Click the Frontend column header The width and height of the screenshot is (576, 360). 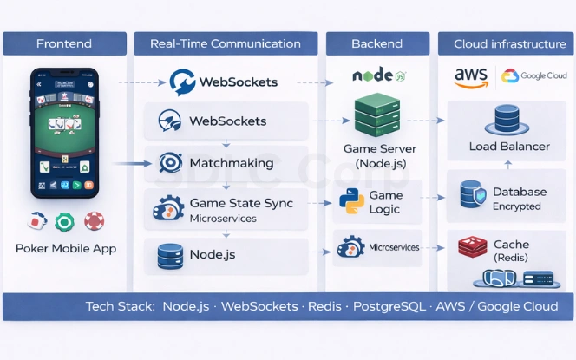64,43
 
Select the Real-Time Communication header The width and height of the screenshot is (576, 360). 226,43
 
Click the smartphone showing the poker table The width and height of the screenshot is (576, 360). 65,133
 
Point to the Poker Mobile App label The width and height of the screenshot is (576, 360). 65,248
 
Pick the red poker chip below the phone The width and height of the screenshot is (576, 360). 95,222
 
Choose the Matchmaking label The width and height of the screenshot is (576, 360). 231,163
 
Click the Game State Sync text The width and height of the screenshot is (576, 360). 241,203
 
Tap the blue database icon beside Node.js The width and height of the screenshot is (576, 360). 169,256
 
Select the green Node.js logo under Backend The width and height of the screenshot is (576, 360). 377,76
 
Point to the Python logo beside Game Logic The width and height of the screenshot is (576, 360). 351,201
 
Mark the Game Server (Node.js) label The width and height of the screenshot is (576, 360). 378,156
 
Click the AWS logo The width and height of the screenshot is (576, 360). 471,77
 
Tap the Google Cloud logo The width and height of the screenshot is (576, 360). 534,76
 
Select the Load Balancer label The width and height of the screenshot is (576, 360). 509,147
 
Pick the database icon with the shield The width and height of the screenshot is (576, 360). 473,195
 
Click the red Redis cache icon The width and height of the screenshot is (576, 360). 472,248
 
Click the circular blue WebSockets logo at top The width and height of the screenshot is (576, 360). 183,82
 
